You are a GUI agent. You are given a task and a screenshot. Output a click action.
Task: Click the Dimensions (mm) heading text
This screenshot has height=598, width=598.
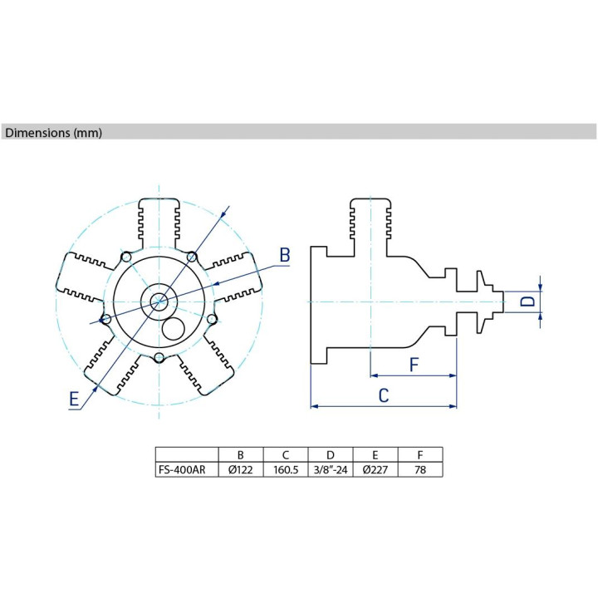point(53,133)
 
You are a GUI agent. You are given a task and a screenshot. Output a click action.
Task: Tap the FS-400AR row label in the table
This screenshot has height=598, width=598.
point(182,469)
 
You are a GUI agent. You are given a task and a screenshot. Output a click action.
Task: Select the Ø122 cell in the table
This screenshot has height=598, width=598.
point(241,469)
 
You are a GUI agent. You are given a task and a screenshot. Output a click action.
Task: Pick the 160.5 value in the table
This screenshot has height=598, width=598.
point(286,469)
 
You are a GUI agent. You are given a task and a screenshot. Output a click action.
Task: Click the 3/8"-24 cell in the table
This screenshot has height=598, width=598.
point(331,469)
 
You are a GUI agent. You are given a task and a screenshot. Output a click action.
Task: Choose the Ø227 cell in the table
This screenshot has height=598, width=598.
point(375,469)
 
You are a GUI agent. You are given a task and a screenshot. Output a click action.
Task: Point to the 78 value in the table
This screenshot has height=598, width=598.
point(420,469)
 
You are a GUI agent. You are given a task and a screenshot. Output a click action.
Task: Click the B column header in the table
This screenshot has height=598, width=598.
point(241,455)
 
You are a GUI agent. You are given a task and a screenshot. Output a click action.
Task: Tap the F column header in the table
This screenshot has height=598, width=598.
point(420,455)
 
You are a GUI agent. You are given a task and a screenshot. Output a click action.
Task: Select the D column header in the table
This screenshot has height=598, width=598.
point(331,455)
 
